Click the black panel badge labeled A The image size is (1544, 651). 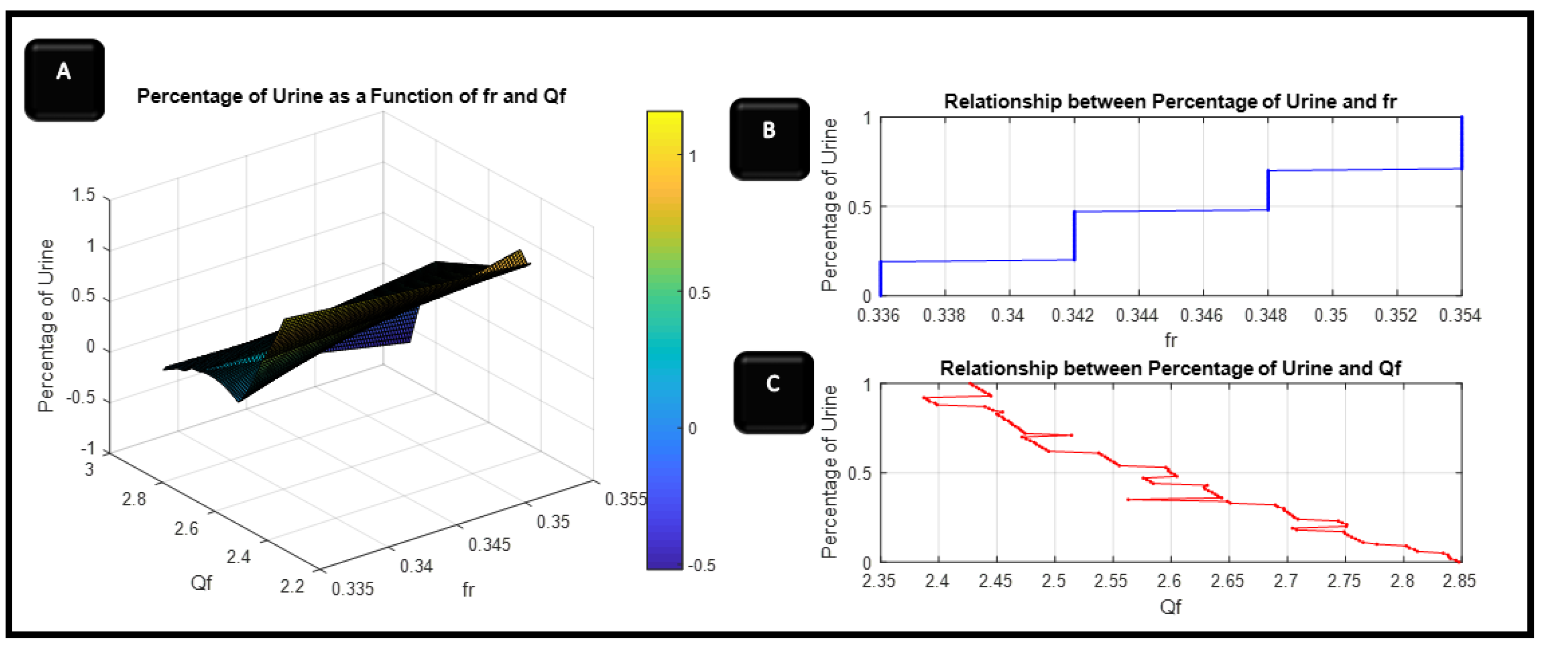[64, 80]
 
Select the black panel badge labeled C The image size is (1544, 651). [773, 392]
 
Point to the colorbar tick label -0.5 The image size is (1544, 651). [701, 565]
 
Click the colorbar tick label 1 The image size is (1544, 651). [692, 157]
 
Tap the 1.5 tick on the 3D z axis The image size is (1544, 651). [83, 195]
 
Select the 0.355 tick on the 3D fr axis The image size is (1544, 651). [625, 499]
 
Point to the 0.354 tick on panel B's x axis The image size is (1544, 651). [1460, 315]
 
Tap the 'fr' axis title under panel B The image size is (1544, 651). [1170, 340]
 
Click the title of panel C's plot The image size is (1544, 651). [1170, 368]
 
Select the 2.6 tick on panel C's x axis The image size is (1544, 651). [1169, 581]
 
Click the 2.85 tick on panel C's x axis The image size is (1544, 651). [1459, 581]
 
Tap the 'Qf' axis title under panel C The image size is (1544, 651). [1170, 607]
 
